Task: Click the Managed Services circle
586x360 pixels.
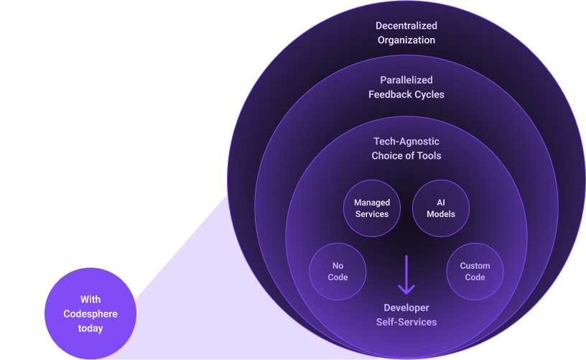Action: click(x=372, y=208)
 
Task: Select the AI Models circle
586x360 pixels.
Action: click(x=440, y=208)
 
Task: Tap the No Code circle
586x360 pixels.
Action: click(x=338, y=272)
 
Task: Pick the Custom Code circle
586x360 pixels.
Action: click(x=475, y=272)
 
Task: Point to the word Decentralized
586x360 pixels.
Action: click(x=406, y=26)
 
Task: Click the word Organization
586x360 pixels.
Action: click(x=406, y=40)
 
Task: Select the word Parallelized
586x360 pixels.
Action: click(x=406, y=80)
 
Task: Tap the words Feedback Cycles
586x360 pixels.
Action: click(x=406, y=94)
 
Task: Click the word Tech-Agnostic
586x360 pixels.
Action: click(x=406, y=142)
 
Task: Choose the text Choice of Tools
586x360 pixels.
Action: click(x=406, y=156)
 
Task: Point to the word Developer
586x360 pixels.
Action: click(x=406, y=308)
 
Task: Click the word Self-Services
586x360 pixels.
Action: click(x=406, y=322)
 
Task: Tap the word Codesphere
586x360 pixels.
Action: click(x=90, y=314)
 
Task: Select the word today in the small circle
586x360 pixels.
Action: click(x=90, y=328)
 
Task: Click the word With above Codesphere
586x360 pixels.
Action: click(x=90, y=300)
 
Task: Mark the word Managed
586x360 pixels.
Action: click(x=372, y=203)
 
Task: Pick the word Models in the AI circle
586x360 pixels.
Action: click(x=441, y=214)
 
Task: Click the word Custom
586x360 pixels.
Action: click(x=475, y=266)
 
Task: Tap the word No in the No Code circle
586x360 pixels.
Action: click(x=338, y=266)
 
